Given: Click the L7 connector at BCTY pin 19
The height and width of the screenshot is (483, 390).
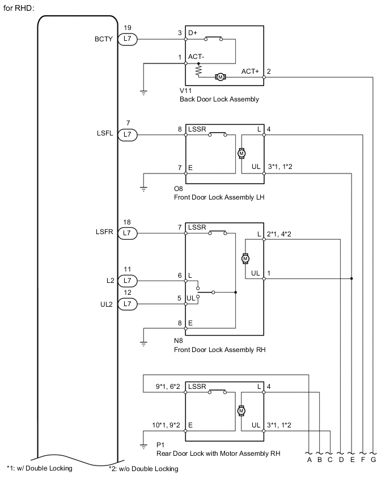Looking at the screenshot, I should pyautogui.click(x=128, y=40).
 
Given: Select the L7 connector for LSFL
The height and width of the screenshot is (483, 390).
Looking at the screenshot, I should pyautogui.click(x=128, y=135).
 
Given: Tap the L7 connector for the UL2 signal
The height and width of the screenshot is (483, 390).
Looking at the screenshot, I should pyautogui.click(x=128, y=304).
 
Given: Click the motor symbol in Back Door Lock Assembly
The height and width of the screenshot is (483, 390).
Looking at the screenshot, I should pyautogui.click(x=221, y=77).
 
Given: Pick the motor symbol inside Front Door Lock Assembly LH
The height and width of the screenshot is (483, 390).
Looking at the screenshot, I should pyautogui.click(x=241, y=153).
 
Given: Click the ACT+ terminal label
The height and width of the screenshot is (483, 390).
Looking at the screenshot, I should pyautogui.click(x=249, y=71).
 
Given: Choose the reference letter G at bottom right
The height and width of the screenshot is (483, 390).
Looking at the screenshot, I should pyautogui.click(x=372, y=460).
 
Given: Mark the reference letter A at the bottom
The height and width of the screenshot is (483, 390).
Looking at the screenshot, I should pyautogui.click(x=310, y=460).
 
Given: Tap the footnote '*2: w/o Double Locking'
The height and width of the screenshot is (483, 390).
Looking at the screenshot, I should pyautogui.click(x=143, y=468).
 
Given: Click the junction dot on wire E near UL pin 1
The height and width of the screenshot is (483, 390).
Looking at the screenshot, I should pyautogui.click(x=352, y=279).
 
